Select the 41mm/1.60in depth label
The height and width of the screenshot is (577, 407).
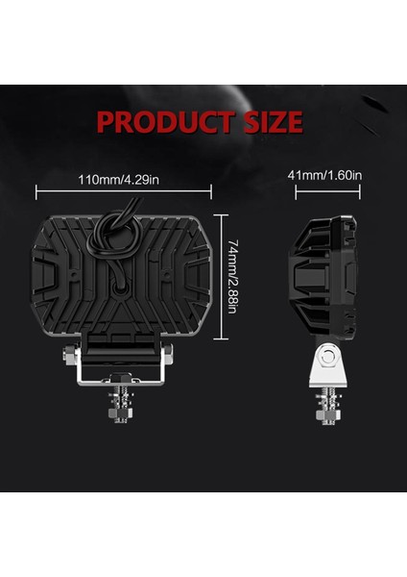(325, 175)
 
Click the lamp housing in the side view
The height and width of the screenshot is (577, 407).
(324, 279)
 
